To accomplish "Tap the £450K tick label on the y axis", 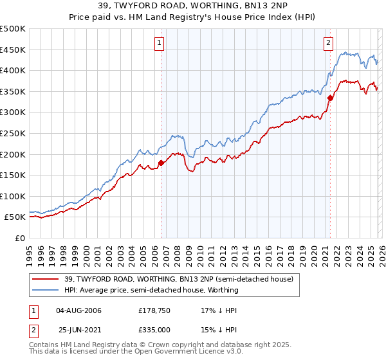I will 13,50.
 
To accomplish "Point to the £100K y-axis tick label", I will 13,196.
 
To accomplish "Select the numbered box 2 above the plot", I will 328,43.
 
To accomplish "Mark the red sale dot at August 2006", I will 161,163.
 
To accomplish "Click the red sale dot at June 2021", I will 330,98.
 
